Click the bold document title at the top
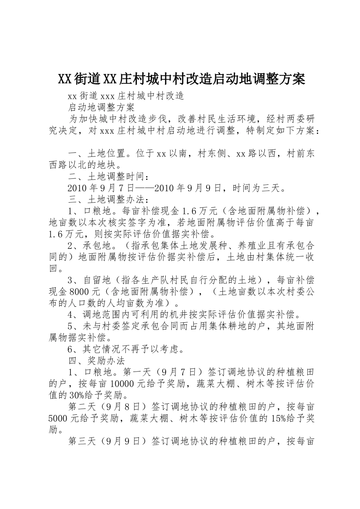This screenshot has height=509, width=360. click(182, 79)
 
